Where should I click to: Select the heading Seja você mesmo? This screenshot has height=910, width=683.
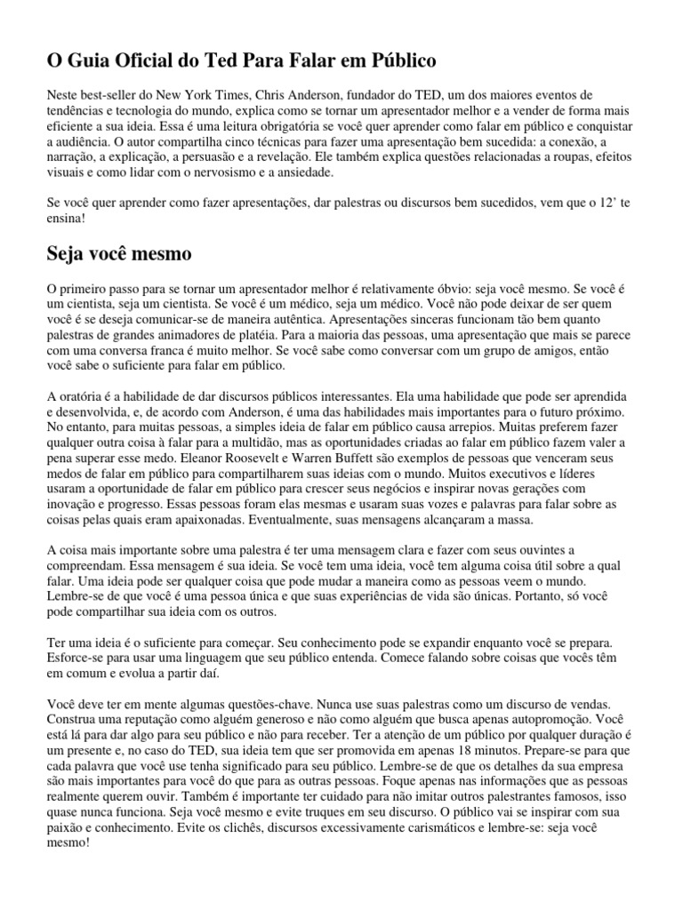click(118, 253)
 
